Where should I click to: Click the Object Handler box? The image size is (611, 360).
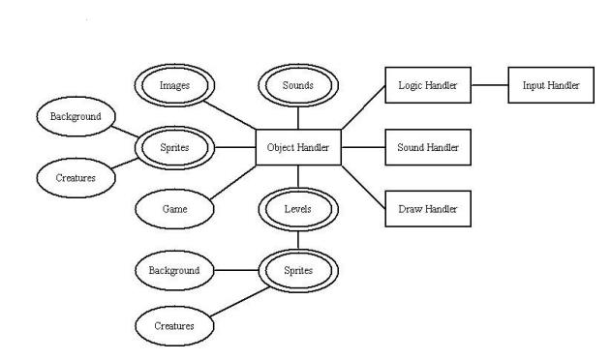[298, 148]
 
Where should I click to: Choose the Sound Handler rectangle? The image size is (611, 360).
[427, 148]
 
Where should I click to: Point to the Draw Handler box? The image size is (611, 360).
[427, 208]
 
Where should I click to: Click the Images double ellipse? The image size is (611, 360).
[174, 85]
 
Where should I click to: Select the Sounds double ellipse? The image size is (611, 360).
[297, 85]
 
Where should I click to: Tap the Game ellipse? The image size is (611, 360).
[174, 208]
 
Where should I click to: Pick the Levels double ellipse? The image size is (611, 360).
[297, 208]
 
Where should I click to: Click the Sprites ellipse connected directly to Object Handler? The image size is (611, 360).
[174, 148]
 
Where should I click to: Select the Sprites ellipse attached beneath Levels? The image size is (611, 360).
[297, 270]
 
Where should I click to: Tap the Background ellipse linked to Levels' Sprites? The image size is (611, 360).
[174, 270]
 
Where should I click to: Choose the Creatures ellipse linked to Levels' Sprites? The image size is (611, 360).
[174, 325]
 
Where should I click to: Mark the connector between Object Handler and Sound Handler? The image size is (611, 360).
[364, 148]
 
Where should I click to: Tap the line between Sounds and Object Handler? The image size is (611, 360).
[297, 117]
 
